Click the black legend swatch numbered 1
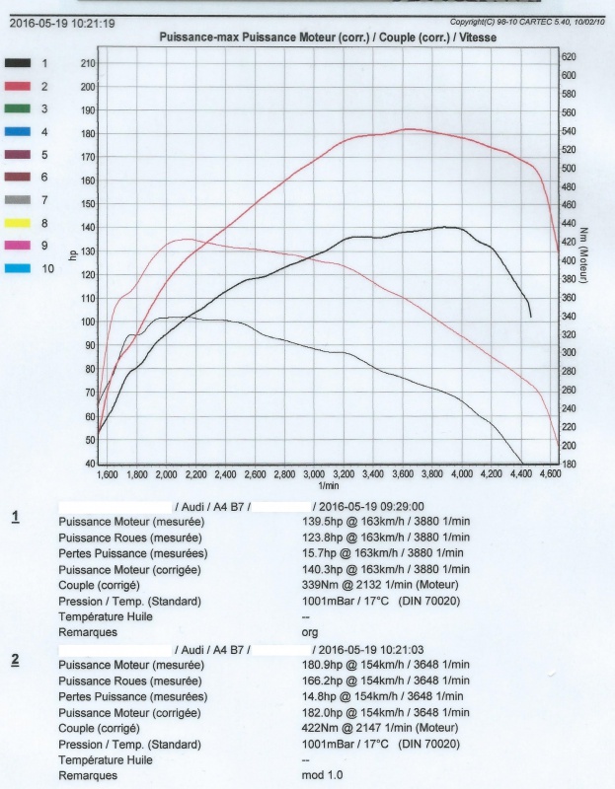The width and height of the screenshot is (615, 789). point(18,63)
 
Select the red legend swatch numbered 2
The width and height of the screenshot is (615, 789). point(18,86)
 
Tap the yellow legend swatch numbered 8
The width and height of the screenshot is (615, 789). point(18,223)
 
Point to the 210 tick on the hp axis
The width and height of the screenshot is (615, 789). point(88,63)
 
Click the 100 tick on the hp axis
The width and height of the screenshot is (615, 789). point(88,322)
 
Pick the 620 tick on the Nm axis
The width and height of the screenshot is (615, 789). point(569,57)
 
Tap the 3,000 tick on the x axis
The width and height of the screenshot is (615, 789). point(315,474)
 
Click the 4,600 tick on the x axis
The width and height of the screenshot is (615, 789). point(551,474)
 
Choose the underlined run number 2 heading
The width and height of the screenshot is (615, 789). point(16,660)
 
